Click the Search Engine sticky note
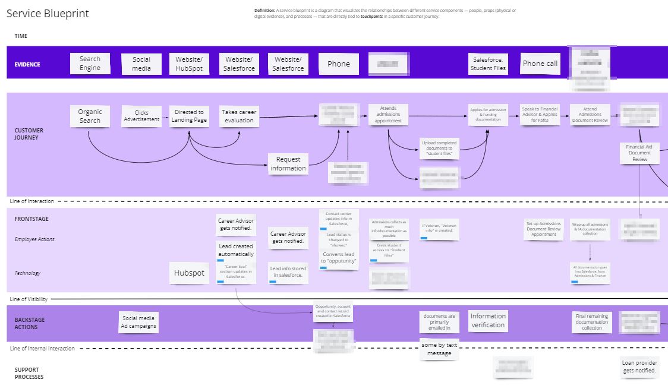90,64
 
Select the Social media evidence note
141,64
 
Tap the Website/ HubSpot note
189,64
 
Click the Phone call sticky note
540,64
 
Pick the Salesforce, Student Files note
488,64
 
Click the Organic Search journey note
90,116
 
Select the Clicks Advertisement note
141,116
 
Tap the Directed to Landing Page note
189,116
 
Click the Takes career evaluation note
239,116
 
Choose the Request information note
288,163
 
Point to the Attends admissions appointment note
388,116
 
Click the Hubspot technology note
189,273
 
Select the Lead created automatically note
236,250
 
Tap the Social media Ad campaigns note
139,322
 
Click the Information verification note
488,321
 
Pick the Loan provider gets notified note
639,366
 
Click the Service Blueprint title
48,14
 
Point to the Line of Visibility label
29,299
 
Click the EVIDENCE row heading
27,64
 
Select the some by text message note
439,349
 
